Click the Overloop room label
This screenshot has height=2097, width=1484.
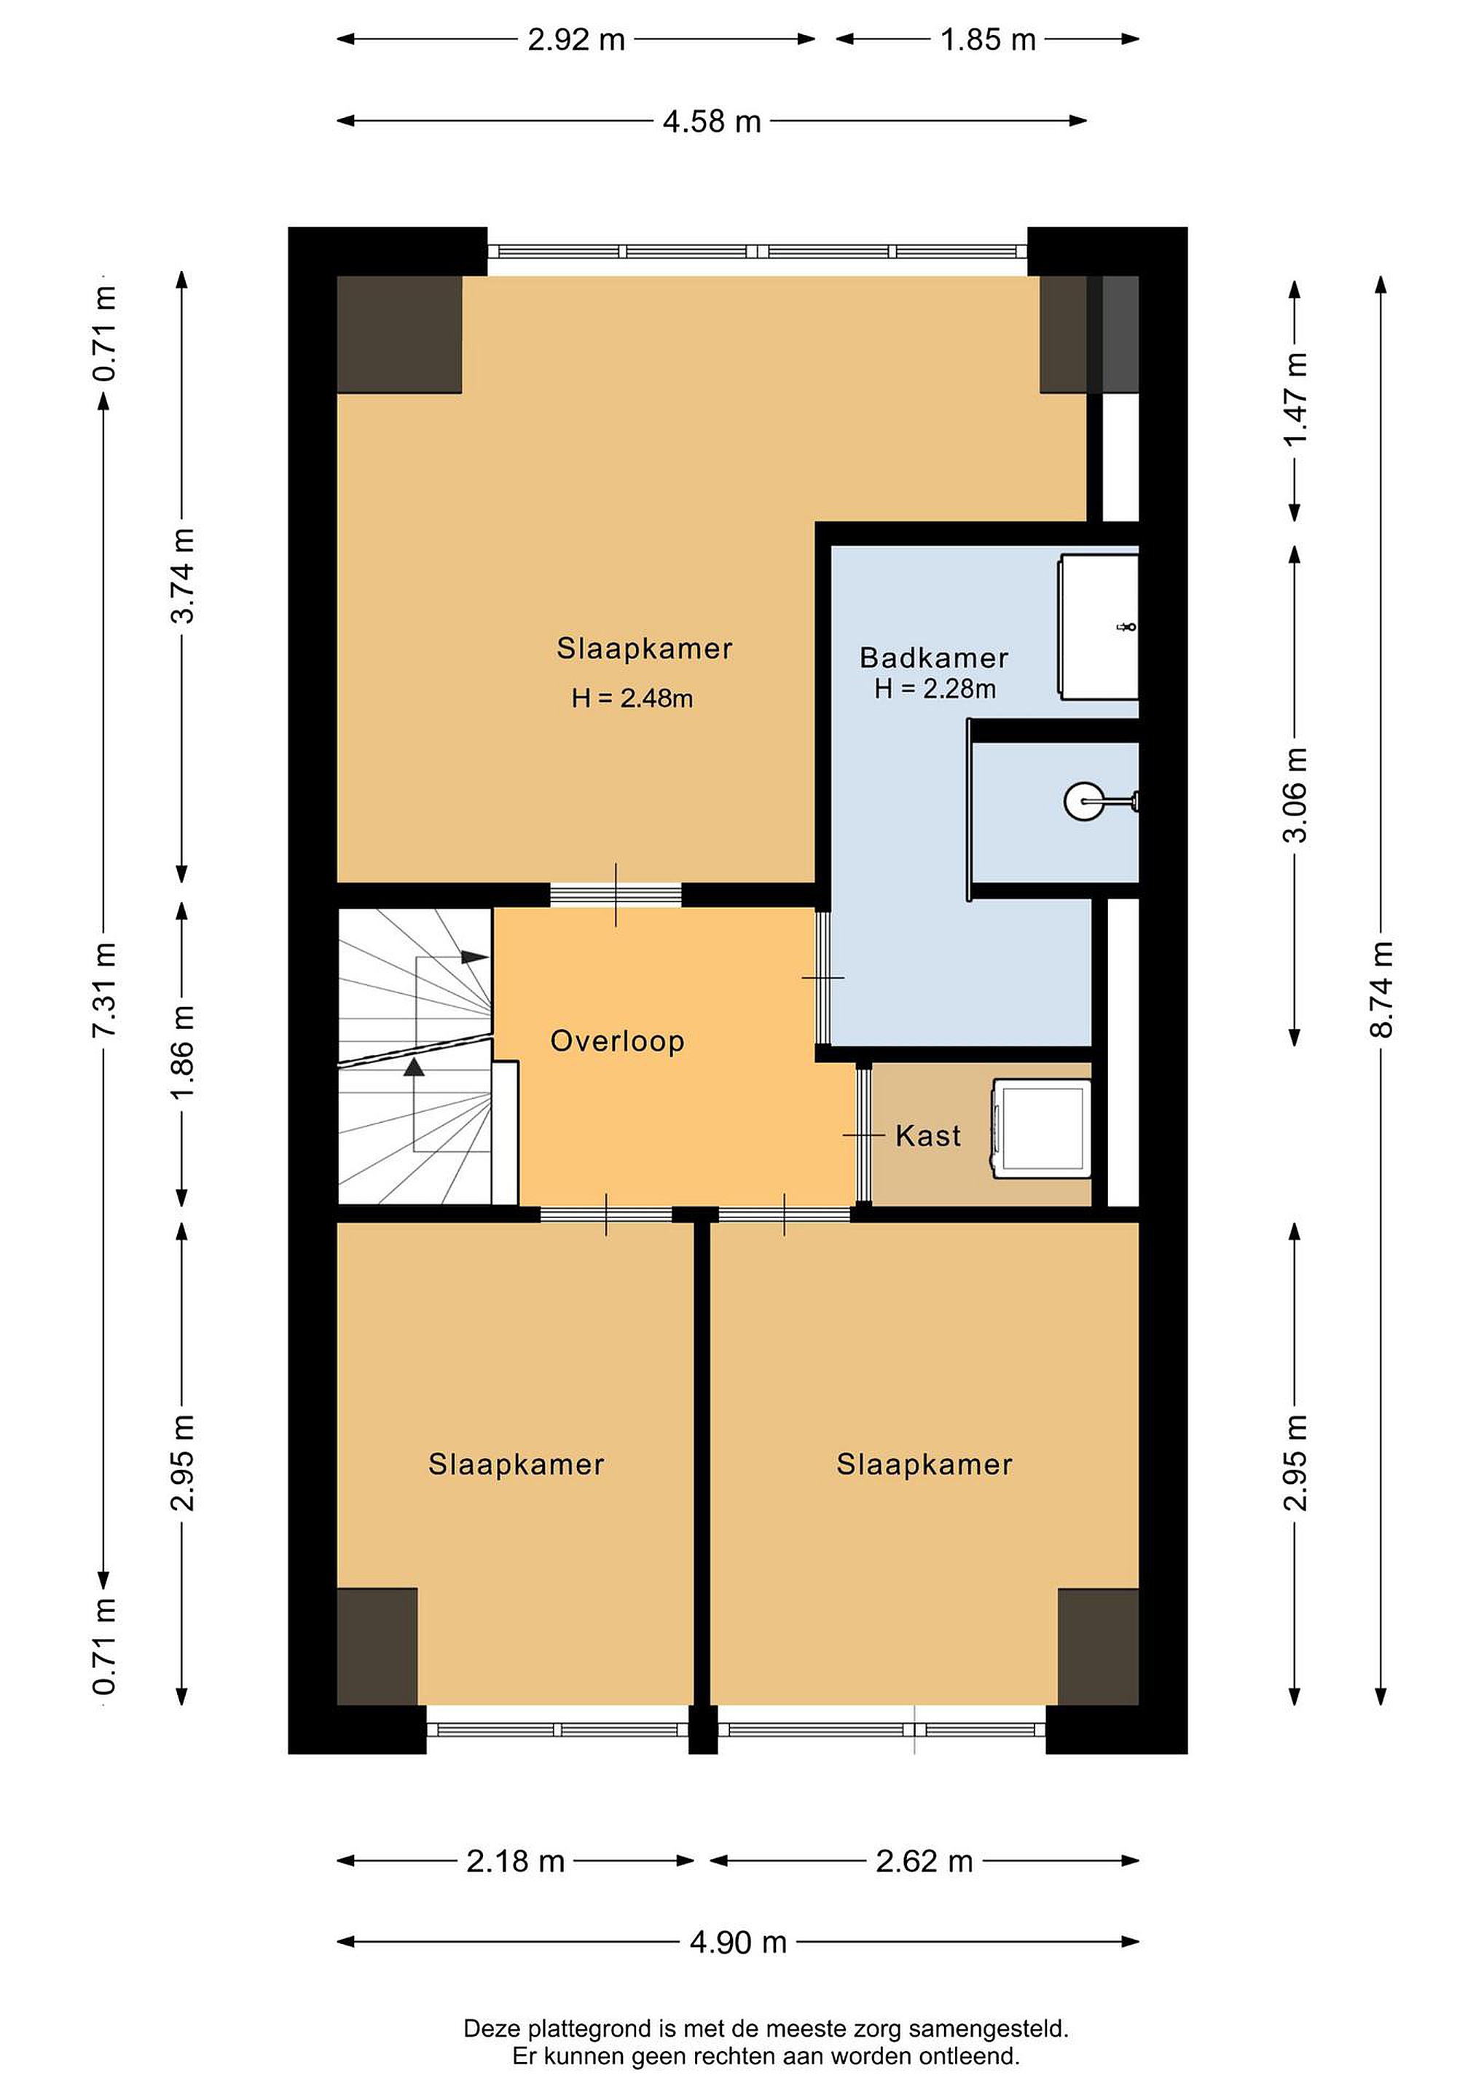(617, 1041)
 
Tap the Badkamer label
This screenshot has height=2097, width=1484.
(934, 657)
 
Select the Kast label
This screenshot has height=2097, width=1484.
(927, 1135)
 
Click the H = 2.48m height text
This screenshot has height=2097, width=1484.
(632, 699)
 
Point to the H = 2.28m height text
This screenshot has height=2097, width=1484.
(935, 689)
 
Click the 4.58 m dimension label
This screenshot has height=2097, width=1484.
(712, 122)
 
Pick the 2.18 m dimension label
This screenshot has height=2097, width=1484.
(515, 1860)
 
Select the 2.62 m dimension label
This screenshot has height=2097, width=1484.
(924, 1860)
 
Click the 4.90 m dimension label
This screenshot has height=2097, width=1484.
(738, 1942)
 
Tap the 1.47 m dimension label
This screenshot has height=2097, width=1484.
(1296, 399)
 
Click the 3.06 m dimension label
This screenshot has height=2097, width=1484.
(1296, 794)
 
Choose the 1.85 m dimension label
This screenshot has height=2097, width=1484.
(988, 40)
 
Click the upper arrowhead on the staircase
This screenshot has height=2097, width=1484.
(475, 957)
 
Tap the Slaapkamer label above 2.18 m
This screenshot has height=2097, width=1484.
(517, 1465)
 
